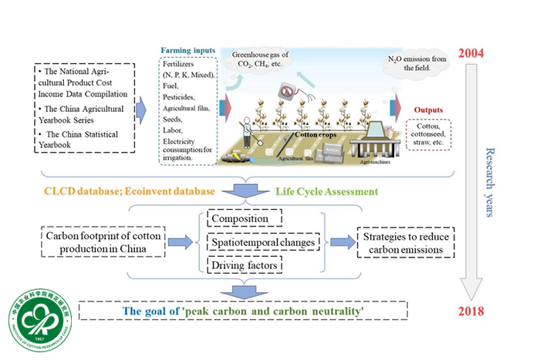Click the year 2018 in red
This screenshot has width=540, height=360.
pos(469,311)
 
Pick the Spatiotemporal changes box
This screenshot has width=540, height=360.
pos(262,243)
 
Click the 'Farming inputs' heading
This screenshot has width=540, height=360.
pos(187,51)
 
